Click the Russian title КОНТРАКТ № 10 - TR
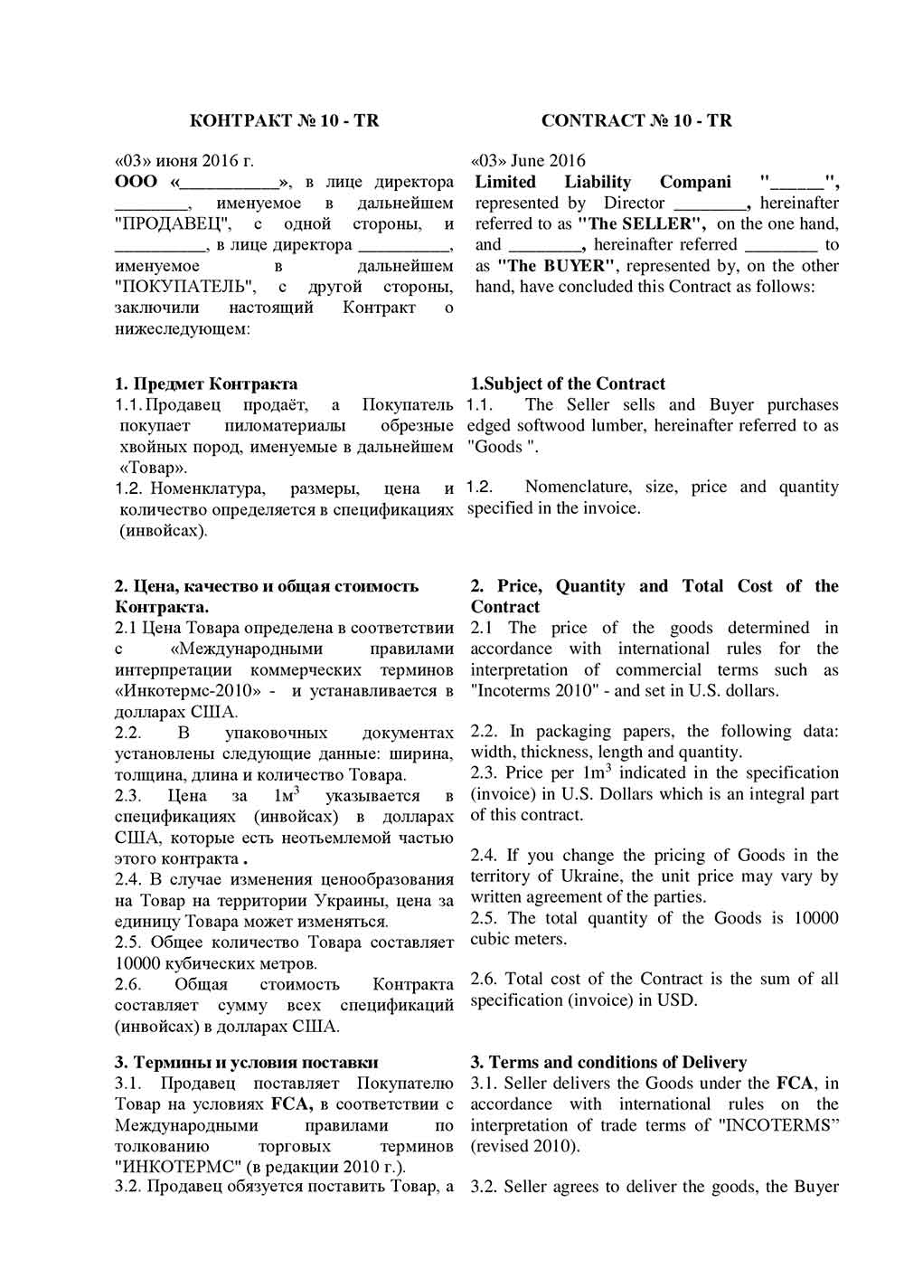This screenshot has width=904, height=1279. click(285, 120)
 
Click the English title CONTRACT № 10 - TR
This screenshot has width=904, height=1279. click(636, 120)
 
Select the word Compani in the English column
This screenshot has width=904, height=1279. click(695, 182)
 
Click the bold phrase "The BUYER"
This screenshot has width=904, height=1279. click(557, 266)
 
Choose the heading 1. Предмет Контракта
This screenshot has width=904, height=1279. click(207, 384)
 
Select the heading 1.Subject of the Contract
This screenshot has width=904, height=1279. click(568, 384)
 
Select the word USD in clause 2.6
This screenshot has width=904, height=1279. click(680, 1000)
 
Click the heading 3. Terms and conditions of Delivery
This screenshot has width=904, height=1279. click(608, 1062)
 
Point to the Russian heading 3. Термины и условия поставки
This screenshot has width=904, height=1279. click(247, 1062)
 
